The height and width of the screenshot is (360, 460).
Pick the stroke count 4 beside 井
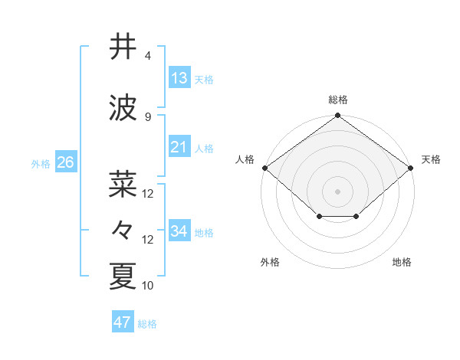click(x=148, y=56)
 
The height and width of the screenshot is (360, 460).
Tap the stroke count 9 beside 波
click(x=148, y=117)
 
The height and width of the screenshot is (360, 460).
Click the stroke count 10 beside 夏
click(x=148, y=286)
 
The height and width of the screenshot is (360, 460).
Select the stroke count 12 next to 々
click(x=148, y=240)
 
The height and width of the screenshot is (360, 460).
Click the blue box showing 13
click(x=179, y=77)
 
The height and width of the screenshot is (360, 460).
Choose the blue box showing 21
click(x=179, y=146)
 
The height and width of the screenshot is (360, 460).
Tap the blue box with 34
click(x=179, y=231)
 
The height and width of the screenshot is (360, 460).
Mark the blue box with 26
click(x=65, y=162)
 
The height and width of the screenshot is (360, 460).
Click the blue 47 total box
click(x=123, y=322)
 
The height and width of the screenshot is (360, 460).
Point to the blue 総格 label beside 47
click(x=147, y=324)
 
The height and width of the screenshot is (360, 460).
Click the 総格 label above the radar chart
click(x=338, y=100)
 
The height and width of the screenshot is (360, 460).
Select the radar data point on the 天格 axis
click(x=412, y=168)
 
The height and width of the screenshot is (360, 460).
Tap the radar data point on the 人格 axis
click(x=264, y=168)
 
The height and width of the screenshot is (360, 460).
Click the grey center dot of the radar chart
click(x=338, y=191)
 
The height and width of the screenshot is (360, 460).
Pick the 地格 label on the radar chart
click(x=402, y=263)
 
